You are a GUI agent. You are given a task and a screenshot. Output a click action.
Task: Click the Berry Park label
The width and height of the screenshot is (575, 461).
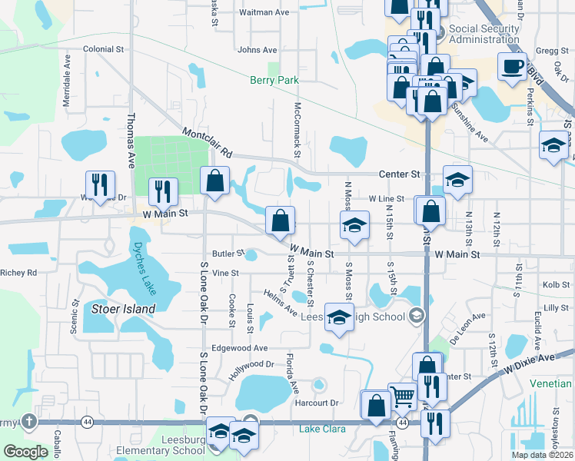[x=273, y=80]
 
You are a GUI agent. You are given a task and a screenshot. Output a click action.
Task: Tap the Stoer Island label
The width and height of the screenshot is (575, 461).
[x=123, y=309]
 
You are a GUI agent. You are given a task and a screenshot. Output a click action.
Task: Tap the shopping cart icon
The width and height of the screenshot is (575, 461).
[x=403, y=397]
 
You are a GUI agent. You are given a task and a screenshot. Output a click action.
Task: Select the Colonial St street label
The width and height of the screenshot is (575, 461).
[x=104, y=49]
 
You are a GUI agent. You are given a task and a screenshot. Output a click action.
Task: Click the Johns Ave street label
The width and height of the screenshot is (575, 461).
[x=258, y=50]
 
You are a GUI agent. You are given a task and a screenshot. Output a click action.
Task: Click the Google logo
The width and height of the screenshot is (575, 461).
[x=25, y=452]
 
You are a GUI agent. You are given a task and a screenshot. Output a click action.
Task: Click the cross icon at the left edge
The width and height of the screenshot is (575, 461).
[x=28, y=422]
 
